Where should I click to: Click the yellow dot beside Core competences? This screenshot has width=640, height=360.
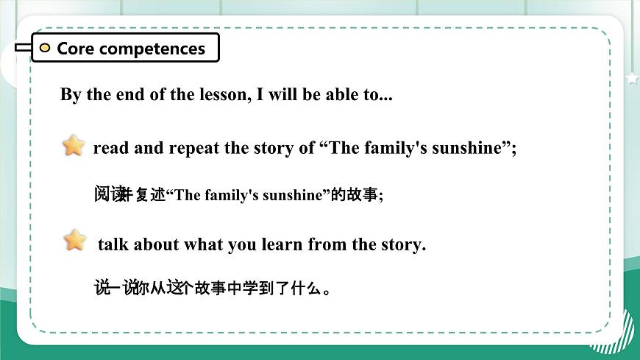[x=45, y=49]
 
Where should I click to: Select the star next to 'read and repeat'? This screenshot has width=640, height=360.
[x=74, y=146]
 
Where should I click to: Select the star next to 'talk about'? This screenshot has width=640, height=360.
[x=75, y=240]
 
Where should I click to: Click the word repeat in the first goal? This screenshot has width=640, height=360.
[x=194, y=148]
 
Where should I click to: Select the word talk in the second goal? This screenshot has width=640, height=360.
[x=113, y=244]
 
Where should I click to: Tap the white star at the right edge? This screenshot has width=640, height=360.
[x=632, y=78]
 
